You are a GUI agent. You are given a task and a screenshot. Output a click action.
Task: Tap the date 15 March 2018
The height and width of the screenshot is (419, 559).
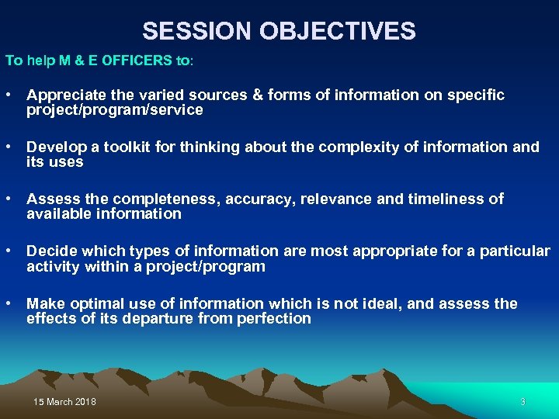[65, 402]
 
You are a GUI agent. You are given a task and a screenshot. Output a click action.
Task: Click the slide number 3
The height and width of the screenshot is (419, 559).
[523, 402]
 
